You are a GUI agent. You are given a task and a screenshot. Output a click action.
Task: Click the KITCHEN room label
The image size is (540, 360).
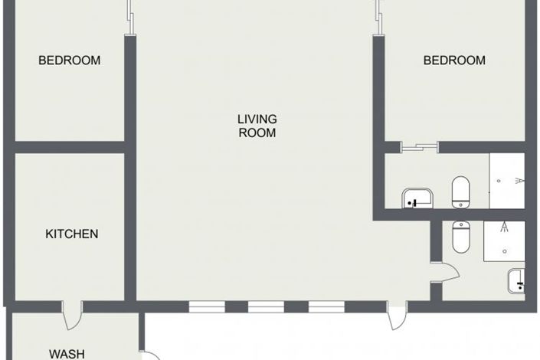pyautogui.click(x=71, y=234)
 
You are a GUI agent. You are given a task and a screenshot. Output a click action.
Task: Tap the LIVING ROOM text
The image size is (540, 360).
pyautogui.click(x=257, y=126)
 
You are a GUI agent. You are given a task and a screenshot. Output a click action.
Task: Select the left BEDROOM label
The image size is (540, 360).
pyautogui.click(x=69, y=61)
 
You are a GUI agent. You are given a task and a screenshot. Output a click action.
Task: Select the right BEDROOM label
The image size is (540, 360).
pyautogui.click(x=454, y=61)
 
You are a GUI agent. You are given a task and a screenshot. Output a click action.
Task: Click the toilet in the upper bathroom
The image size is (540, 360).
pyautogui.click(x=460, y=192)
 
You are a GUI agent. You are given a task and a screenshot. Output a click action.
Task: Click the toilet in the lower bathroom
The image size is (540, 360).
pyautogui.click(x=460, y=237)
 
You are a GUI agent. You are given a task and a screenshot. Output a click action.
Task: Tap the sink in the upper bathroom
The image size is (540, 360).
pyautogui.click(x=417, y=198)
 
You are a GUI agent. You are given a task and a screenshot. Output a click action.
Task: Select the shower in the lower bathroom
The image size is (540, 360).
pyautogui.click(x=504, y=239)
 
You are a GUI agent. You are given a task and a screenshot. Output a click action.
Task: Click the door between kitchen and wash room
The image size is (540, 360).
pyautogui.click(x=72, y=314)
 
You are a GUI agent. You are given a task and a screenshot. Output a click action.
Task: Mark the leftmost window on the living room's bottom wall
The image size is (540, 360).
pyautogui.click(x=207, y=306)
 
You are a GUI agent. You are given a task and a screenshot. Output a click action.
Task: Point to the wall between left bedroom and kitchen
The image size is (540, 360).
pyautogui.click(x=69, y=147)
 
